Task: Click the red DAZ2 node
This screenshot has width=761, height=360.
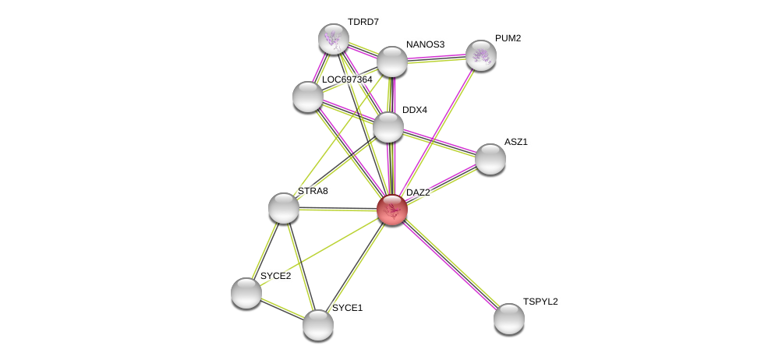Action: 391,210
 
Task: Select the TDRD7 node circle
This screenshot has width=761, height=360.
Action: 333,39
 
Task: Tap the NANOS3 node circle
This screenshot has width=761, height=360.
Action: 391,62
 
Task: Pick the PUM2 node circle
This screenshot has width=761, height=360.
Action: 480,55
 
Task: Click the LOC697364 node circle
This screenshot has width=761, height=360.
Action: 307,96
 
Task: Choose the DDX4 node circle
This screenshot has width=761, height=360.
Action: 388,127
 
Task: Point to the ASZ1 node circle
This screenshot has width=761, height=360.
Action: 490,159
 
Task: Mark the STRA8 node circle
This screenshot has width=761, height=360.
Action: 283,208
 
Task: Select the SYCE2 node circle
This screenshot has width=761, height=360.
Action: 246,293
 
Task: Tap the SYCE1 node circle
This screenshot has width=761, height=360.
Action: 317,324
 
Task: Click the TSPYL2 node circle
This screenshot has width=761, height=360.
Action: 508,318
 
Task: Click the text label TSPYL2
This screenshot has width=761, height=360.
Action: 540,302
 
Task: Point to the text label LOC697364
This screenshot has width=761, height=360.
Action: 347,79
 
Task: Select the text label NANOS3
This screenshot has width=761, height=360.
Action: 425,44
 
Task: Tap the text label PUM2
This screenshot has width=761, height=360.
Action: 508,38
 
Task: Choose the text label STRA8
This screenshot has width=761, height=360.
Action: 312,191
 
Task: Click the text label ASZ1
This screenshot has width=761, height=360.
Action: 515,142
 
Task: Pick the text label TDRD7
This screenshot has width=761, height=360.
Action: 363,22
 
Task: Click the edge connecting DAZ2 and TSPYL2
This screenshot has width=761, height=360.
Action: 450,264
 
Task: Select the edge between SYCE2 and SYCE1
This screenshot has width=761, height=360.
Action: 281,309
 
